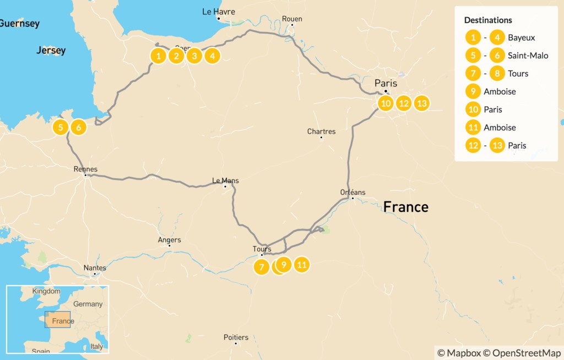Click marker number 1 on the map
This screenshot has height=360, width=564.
[x=158, y=56]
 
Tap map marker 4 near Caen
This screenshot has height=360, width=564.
[x=212, y=56]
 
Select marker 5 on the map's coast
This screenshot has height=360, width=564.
[x=61, y=127]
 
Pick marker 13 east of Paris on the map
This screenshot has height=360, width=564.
[x=421, y=103]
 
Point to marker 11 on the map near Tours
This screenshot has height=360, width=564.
[x=301, y=265]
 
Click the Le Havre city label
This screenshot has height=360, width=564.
[x=219, y=12]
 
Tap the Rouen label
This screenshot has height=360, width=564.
[x=292, y=19]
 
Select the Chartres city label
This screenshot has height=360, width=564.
[x=322, y=132]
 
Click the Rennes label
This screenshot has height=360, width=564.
[x=85, y=169]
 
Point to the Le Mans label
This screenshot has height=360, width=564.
[x=225, y=180]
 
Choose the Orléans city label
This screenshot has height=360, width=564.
[x=352, y=192]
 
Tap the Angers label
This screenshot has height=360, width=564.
[x=169, y=239]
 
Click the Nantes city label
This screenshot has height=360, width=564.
[x=95, y=268]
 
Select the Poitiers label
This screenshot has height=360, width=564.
[x=236, y=337]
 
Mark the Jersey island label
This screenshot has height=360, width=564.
[x=51, y=51]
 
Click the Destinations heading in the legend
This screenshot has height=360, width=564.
[x=488, y=20]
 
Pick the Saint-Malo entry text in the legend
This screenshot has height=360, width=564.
[x=528, y=56]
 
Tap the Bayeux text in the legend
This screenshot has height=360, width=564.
[x=521, y=37]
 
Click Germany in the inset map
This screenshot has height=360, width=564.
[x=88, y=304]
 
